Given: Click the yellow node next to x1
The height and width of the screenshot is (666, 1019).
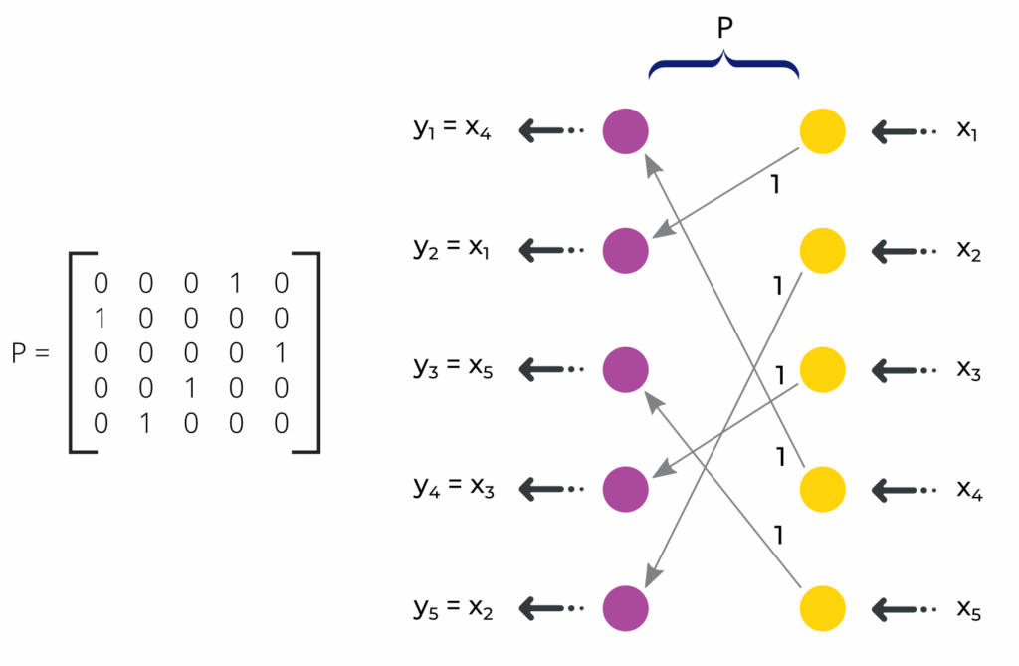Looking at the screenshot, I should (x=823, y=130).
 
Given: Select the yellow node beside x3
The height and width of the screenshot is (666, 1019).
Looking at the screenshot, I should (x=823, y=368).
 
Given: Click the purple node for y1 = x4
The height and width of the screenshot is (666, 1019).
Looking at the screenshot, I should (x=626, y=130).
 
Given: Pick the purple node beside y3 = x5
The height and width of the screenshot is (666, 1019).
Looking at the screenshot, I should (x=626, y=368).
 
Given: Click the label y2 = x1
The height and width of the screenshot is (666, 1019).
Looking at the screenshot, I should (x=452, y=250).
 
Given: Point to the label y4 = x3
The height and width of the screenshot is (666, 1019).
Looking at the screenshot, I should (x=452, y=488).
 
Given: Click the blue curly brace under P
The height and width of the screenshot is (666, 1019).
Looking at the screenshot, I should (x=724, y=67).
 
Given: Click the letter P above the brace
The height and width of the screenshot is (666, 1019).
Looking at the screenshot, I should (x=725, y=29).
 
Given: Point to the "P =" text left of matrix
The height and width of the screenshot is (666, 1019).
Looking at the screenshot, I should (x=30, y=353).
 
